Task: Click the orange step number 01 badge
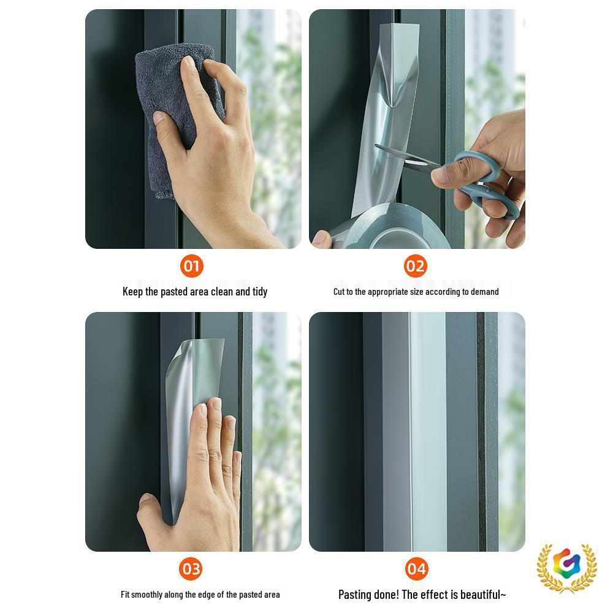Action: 192,266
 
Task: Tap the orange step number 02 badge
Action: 415,266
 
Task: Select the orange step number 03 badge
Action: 191,569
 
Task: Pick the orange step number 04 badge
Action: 416,569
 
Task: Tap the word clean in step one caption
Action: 222,292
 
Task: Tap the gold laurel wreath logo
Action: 566,568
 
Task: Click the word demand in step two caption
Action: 484,292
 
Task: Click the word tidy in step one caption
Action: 260,292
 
